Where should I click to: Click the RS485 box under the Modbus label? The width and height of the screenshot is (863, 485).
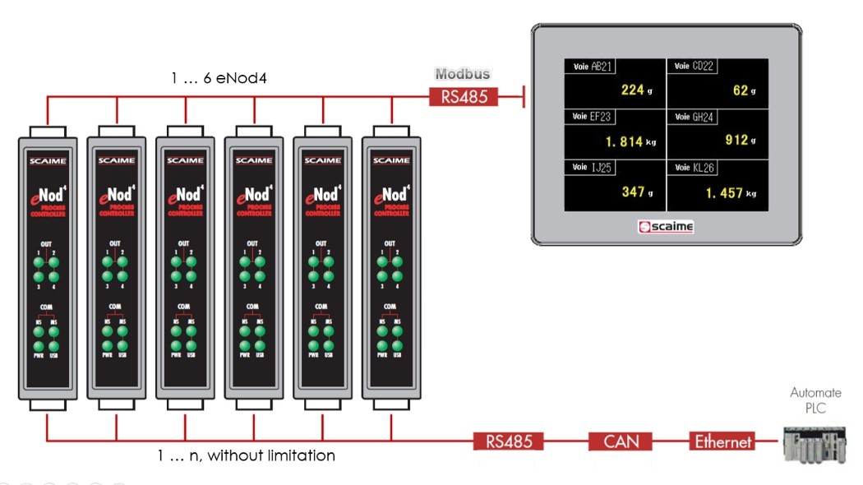(x=463, y=97)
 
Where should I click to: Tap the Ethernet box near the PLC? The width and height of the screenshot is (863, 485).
(x=722, y=442)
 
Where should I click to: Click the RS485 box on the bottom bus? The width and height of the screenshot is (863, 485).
(x=509, y=442)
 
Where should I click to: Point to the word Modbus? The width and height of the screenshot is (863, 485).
(x=463, y=74)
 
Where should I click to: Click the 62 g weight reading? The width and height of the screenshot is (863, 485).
(x=744, y=90)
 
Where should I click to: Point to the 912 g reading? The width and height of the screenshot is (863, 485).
(x=740, y=141)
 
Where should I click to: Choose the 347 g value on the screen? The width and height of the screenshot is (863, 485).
(x=636, y=192)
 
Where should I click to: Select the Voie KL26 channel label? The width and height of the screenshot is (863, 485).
(x=695, y=168)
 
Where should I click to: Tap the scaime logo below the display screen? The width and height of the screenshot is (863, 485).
(x=666, y=227)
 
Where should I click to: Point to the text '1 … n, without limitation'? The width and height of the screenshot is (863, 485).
(x=247, y=455)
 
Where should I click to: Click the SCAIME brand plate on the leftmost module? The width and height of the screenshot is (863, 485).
(x=48, y=160)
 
